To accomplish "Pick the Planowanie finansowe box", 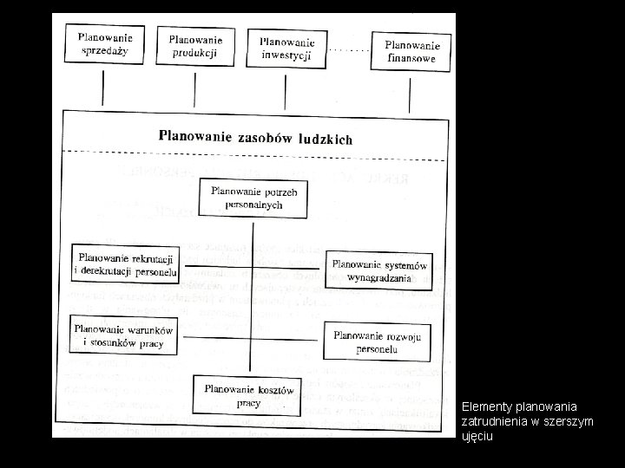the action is [412, 52].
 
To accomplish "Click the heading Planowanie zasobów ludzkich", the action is [255, 137].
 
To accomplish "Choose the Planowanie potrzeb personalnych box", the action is [252, 198].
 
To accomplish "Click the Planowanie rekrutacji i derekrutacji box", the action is [125, 264].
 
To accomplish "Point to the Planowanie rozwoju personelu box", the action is [377, 341].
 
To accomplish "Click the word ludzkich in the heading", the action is [323, 139].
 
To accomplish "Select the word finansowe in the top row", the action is [412, 59].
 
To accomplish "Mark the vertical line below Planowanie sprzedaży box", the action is [103, 87].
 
